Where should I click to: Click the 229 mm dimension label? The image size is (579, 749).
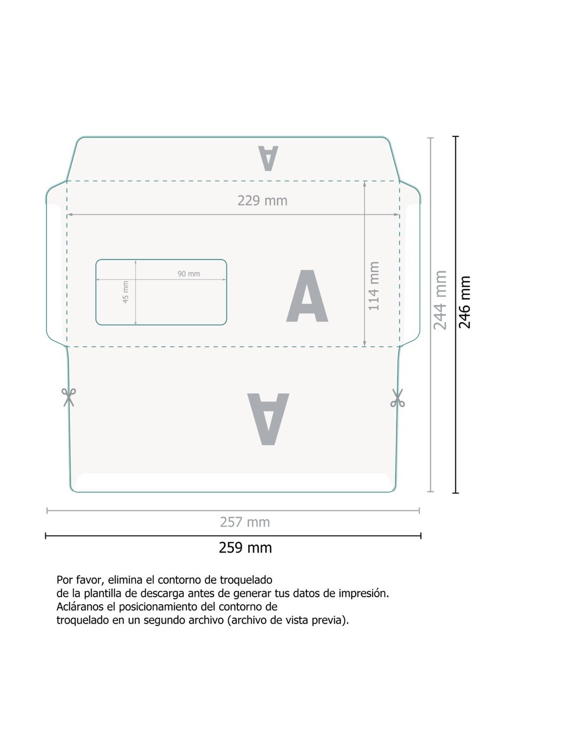click(x=262, y=200)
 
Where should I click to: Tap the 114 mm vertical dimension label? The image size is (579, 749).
click(x=373, y=285)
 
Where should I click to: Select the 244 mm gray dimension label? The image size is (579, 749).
click(x=440, y=300)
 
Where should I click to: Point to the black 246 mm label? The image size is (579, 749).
click(x=465, y=302)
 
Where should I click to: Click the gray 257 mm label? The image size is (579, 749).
click(x=245, y=522)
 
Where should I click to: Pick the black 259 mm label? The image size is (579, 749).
click(x=245, y=547)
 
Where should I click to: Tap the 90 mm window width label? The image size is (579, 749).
click(x=188, y=274)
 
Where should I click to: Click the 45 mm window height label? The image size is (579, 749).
click(x=126, y=292)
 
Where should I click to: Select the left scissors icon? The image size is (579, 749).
click(x=69, y=397)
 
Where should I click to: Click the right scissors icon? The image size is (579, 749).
click(x=397, y=398)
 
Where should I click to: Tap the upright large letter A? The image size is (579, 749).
click(x=307, y=295)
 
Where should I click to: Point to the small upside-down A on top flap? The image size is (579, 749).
click(x=268, y=158)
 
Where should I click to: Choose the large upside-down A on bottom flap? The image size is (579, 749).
click(x=268, y=419)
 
